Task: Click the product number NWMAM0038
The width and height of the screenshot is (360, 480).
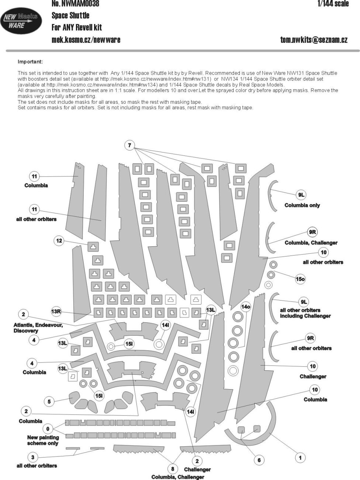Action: pyautogui.click(x=75, y=4)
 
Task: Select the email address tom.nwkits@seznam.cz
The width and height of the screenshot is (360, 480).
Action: pyautogui.click(x=314, y=40)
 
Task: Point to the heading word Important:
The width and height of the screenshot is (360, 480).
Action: pyautogui.click(x=30, y=62)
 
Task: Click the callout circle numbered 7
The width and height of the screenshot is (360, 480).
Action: pyautogui.click(x=129, y=145)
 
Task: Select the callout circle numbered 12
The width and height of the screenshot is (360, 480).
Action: pyautogui.click(x=59, y=241)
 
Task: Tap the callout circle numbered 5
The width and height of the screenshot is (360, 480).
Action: pyautogui.click(x=49, y=401)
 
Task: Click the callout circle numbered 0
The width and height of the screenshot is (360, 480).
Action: pyautogui.click(x=48, y=429)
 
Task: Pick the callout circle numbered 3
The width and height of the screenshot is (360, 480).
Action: pyautogui.click(x=32, y=457)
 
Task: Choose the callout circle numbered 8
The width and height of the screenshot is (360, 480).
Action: pyautogui.click(x=173, y=469)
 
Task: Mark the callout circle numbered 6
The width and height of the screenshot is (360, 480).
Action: pyautogui.click(x=259, y=460)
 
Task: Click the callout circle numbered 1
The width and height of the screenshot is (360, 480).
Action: pyautogui.click(x=300, y=458)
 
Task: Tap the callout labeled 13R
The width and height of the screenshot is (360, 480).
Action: pyautogui.click(x=56, y=312)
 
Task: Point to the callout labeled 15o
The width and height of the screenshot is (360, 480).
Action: pyautogui.click(x=300, y=279)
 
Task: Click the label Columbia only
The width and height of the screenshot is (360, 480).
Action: pyautogui.click(x=302, y=205)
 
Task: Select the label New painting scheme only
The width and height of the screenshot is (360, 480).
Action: pyautogui.click(x=43, y=440)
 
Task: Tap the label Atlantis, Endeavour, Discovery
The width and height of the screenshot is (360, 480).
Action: pyautogui.click(x=38, y=328)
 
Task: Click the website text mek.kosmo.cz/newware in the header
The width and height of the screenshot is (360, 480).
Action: pyautogui.click(x=86, y=40)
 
